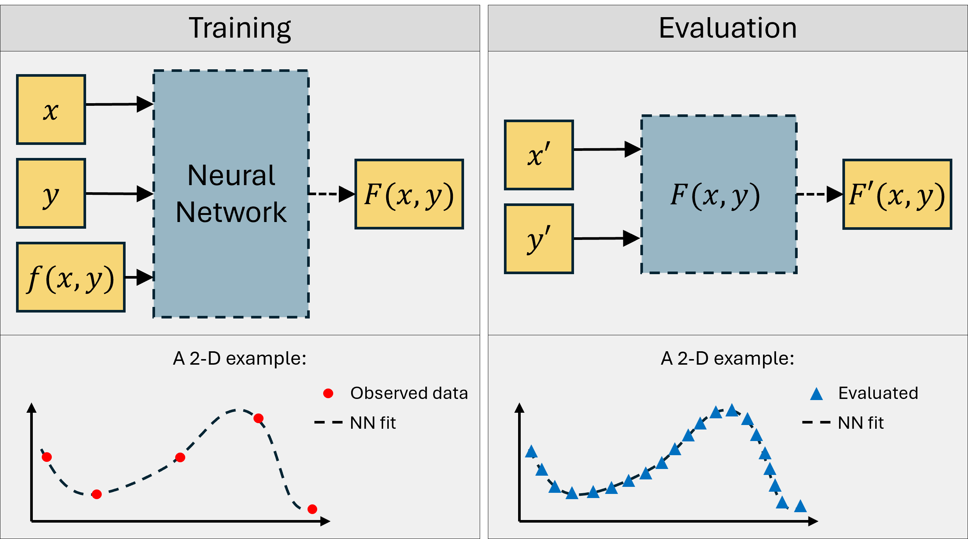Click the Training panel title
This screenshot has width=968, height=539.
coord(240,28)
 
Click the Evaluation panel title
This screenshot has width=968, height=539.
coord(728,28)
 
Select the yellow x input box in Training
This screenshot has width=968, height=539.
coord(51,110)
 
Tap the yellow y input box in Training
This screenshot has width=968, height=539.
coord(51,193)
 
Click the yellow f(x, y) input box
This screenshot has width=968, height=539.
coord(71,277)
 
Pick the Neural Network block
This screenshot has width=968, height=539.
coord(231,194)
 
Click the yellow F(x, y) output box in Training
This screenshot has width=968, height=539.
coord(409,194)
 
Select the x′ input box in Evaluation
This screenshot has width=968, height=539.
coord(539,155)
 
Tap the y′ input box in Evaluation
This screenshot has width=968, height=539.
coord(539,239)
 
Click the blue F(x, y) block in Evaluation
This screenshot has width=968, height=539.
coord(719,194)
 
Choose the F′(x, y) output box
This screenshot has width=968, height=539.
coord(897,194)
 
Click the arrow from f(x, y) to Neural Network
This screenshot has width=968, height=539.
coord(139,277)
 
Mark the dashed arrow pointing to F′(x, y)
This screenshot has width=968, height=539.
coord(819,194)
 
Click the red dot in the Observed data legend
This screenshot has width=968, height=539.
coord(328,393)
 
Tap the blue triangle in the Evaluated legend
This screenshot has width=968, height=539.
coord(816,394)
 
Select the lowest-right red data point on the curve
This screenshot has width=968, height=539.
coord(312,509)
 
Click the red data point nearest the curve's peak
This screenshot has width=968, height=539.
coord(259,418)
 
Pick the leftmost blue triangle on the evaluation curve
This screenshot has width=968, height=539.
coord(531,452)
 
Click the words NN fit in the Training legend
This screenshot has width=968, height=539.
coord(373,423)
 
